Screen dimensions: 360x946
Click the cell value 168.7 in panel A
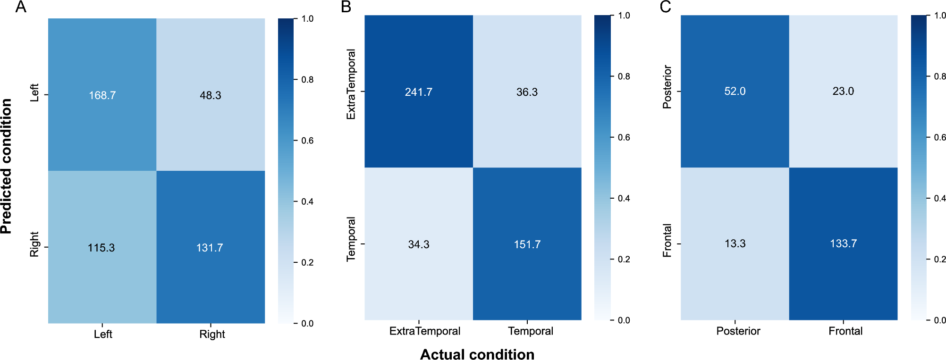tap(102, 95)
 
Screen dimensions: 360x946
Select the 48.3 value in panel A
tap(211, 95)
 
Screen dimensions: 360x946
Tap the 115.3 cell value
tap(101, 248)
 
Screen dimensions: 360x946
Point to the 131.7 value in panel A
tap(210, 248)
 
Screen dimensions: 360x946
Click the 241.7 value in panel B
tap(418, 92)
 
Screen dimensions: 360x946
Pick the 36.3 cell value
tap(527, 92)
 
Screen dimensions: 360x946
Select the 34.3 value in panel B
tap(418, 244)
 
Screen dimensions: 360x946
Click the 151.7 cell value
tap(527, 244)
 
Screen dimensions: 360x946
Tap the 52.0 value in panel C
tap(735, 91)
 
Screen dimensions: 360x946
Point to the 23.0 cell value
tap(843, 91)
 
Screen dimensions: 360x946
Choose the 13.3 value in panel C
tap(735, 243)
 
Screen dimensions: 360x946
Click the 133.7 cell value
tap(843, 243)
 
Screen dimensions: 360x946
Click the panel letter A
tap(21, 7)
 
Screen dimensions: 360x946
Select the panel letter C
tap(665, 7)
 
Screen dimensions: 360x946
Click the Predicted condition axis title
tap(6, 166)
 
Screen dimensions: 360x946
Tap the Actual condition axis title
tap(477, 354)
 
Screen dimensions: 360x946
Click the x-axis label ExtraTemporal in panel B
tap(424, 331)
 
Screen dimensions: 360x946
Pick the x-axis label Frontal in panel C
tap(845, 331)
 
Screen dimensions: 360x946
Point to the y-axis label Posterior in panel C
tap(667, 87)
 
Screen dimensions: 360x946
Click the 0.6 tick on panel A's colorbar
tap(307, 141)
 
